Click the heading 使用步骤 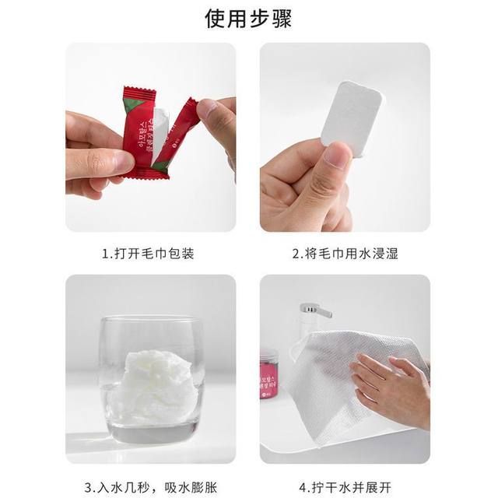pos(249,19)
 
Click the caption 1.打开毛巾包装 pos(150,254)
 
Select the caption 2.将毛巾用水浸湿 pos(345,254)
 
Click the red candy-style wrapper pos(141,132)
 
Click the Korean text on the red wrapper pos(139,128)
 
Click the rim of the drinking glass pos(151,320)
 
